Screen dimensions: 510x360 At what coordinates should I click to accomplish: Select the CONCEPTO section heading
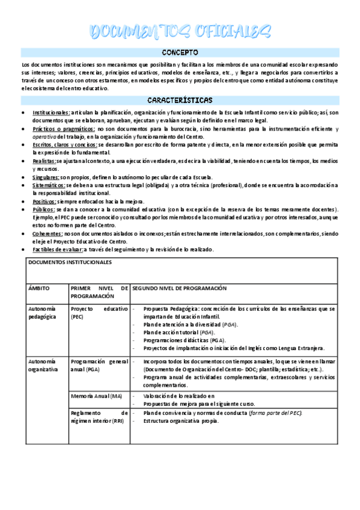pos(180,53)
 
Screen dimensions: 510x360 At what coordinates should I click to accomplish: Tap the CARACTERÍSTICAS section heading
pos(180,100)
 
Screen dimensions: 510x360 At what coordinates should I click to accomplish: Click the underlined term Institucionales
pos(51,112)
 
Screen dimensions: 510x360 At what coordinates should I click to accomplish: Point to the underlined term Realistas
pos(44,161)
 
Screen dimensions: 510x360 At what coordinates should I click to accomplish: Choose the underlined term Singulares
pos(46,177)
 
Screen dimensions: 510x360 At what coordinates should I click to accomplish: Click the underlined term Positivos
pos(44,201)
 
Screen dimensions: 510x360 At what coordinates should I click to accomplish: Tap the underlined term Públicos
pos(43,209)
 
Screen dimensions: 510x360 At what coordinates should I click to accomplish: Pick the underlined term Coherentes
pos(46,234)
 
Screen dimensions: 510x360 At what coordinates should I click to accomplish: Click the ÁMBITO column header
pos(39,289)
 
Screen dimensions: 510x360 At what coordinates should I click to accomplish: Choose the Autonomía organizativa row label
pos(43,365)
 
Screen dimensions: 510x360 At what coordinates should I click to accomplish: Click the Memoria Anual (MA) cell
pos(96,396)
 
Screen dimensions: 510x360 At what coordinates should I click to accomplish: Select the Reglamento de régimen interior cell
pos(99,417)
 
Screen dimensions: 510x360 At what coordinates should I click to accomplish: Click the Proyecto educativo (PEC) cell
pos(99,313)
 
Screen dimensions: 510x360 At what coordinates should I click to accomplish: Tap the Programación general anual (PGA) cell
pos(99,365)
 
